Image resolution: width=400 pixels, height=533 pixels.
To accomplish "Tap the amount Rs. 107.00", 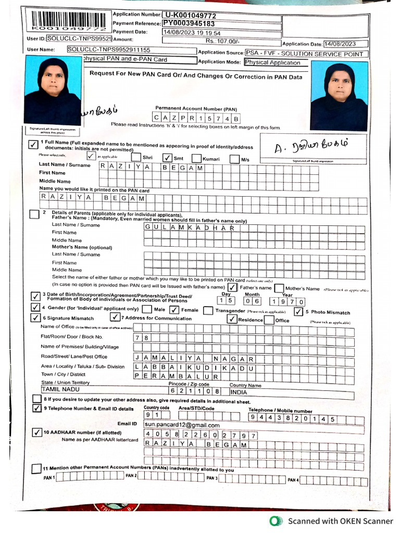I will coord(222,40).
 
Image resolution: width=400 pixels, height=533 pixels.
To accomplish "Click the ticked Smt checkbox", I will coord(167,158).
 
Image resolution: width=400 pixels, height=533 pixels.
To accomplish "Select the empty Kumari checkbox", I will coord(197,158).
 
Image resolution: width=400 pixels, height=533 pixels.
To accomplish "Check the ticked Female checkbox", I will coord(174,310).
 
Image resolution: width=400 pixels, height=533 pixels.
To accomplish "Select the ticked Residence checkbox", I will coord(232,320).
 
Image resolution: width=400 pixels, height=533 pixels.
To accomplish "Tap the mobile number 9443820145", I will coord(292,418).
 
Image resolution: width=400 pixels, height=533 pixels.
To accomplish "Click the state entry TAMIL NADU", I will coord(61,389).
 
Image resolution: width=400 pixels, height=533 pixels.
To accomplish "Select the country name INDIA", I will coord(239,392).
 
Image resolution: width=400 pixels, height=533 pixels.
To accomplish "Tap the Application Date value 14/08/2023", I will coord(346,44).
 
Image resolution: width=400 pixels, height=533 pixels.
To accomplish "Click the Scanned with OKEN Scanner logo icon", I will coord(276,521).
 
